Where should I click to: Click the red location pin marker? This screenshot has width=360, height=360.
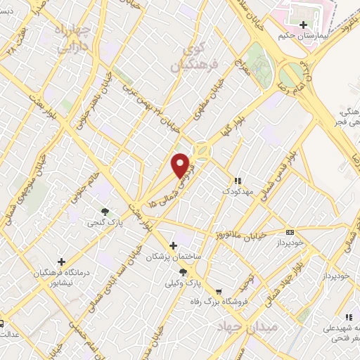point(181,165)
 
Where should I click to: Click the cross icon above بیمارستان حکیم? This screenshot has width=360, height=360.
point(304,25)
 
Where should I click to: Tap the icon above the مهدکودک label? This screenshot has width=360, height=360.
point(237,181)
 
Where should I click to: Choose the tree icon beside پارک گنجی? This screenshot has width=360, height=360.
point(105,211)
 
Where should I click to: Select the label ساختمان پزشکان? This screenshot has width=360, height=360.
point(174,257)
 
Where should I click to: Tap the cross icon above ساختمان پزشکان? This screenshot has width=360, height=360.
point(174,246)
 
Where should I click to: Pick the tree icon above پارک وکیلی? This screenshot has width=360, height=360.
point(184,272)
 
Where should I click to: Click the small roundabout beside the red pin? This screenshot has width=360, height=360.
point(202,150)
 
